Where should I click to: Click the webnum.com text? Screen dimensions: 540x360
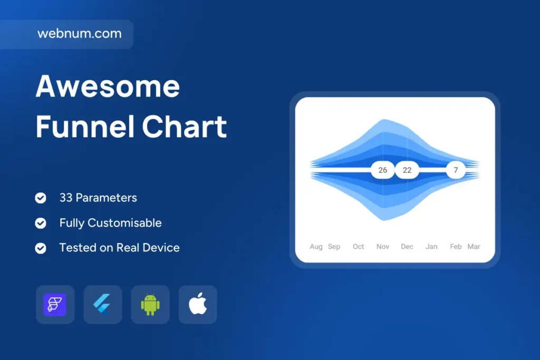tap(80, 33)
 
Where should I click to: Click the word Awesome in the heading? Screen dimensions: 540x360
tap(108, 86)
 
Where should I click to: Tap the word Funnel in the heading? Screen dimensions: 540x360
tap(85, 127)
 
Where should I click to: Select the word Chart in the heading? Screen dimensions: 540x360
tap(185, 127)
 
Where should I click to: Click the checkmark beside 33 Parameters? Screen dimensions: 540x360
tap(41, 198)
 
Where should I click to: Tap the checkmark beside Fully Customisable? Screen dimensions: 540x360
tap(41, 223)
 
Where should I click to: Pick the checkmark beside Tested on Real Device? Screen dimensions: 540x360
tap(41, 248)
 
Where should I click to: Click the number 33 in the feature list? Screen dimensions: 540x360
tap(66, 198)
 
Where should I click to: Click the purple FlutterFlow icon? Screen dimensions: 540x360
tap(55, 305)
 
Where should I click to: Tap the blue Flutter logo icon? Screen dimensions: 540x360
tap(102, 305)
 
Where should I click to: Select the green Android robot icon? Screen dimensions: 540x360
tap(150, 305)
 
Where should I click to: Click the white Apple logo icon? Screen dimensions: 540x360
tap(198, 304)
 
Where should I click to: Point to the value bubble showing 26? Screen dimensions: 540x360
tap(383, 170)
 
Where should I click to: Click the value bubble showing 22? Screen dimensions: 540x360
tap(407, 170)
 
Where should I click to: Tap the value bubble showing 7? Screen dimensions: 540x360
tap(456, 170)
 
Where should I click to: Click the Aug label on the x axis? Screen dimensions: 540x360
tap(316, 247)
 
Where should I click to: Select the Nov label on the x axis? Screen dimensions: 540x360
tap(383, 247)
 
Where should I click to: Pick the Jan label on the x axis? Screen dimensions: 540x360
tap(431, 247)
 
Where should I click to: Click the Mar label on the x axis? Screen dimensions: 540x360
tap(474, 247)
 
